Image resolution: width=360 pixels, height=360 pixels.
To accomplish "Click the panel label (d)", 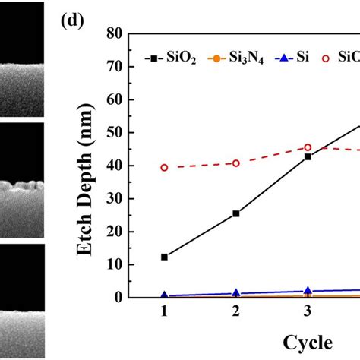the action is coord(72,21).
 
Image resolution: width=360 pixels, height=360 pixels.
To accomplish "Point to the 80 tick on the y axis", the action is coord(129,33).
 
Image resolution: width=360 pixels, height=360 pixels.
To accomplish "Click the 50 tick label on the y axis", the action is coord(115,133).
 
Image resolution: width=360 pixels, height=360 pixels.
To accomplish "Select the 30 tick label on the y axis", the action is coord(115,199).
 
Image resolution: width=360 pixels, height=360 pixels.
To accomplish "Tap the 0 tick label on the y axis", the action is coord(118,298).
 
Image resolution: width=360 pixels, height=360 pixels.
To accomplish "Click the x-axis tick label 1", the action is coord(164,311).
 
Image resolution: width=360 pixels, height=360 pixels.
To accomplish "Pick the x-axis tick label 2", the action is coord(236,311).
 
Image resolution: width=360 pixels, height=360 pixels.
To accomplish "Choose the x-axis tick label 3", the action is coord(308,311).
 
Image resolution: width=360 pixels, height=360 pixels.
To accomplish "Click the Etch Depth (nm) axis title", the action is coord(86,180).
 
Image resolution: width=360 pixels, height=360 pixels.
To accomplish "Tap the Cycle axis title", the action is coord(308,343).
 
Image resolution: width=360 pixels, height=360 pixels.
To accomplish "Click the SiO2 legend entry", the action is coord(170,58).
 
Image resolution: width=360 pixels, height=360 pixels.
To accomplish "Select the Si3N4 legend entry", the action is coord(235,58).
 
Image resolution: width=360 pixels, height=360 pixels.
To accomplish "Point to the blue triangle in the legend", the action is coord(285,58).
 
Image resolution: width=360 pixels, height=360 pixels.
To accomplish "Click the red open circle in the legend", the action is coord(326,58).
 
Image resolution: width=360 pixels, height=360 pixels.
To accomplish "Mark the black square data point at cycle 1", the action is coord(164,257).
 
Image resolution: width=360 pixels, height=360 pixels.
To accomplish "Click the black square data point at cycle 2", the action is coord(236,213).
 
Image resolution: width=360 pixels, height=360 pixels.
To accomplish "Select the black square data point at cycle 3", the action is coord(308,156).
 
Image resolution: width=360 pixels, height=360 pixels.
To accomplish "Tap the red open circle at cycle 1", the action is coord(164,168).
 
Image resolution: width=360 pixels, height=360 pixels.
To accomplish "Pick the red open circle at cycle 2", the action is coord(236,163).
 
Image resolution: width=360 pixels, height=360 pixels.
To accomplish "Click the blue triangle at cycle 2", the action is coord(236,293).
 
